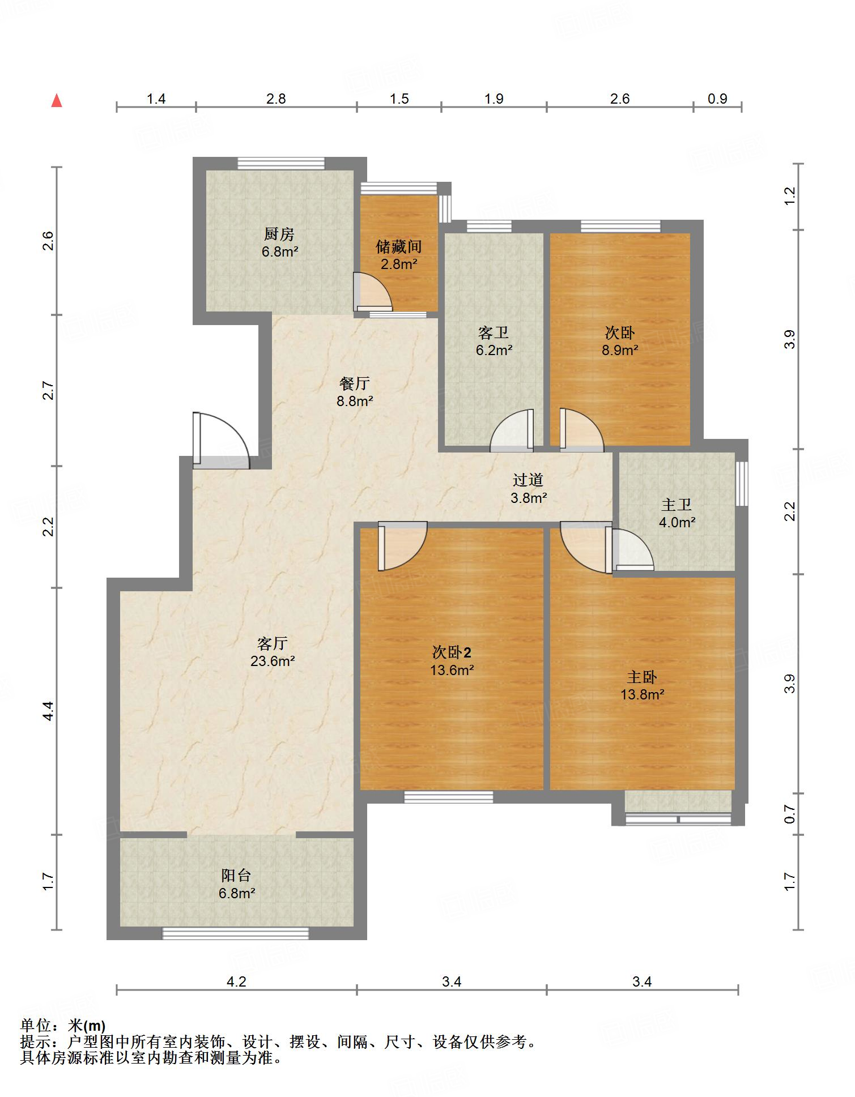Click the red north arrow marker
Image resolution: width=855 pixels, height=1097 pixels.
pos(57,101)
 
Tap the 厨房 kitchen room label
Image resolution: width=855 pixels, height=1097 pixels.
pos(279,233)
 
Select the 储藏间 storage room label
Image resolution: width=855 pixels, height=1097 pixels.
pos(399,246)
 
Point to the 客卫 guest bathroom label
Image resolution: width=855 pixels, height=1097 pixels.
pos(494,332)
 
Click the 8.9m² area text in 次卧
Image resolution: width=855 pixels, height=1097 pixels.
pos(620,350)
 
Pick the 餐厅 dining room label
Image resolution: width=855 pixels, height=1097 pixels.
pos(355,383)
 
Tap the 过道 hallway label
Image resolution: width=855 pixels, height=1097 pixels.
pos(528,480)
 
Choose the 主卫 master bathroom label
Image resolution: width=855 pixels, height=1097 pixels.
pos(677,504)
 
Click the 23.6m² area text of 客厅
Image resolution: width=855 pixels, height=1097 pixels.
pos(273,661)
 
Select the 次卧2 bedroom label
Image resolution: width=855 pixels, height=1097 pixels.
pos(452,652)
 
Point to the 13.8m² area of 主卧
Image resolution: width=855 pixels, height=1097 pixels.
pos(642,694)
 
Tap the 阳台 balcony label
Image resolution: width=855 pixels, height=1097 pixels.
pos(236,876)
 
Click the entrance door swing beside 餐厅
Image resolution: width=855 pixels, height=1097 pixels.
pos(221,441)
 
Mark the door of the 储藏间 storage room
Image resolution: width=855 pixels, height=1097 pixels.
pos(372,292)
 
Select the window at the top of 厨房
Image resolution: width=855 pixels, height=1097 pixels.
pos(281,163)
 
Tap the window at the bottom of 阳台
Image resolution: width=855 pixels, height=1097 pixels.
pos(236,933)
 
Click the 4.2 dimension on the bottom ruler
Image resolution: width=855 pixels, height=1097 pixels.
pos(236,981)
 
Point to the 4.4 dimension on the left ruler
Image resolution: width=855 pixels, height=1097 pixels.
pos(49,711)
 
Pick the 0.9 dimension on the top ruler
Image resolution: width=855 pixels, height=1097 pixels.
pos(717,99)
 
